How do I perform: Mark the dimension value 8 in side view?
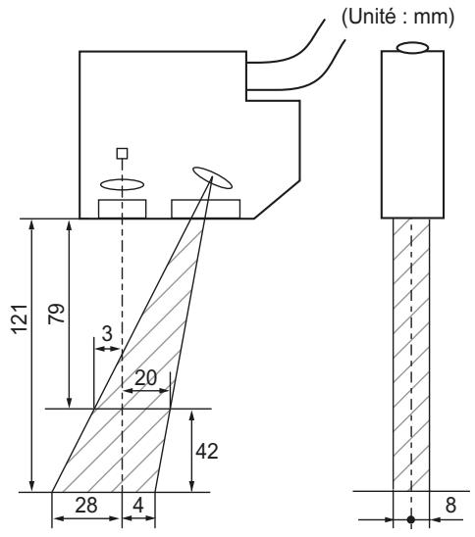pyautogui.click(x=450, y=505)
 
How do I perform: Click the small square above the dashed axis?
pyautogui.click(x=121, y=154)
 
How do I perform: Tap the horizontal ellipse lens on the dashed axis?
pyautogui.click(x=121, y=183)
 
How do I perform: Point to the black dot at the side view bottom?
pyautogui.click(x=411, y=519)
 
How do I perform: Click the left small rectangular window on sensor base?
pyautogui.click(x=122, y=209)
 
